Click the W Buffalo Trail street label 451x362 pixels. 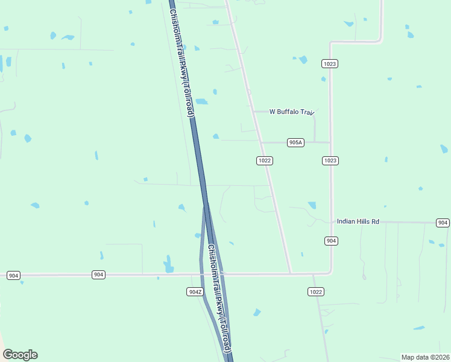[x=292, y=112]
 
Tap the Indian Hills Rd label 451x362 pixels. [x=358, y=221]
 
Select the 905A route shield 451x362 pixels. [x=295, y=142]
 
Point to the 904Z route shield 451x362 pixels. [x=194, y=291]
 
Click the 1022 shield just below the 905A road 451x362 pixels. [x=265, y=160]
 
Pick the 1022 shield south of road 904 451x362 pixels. [x=315, y=291]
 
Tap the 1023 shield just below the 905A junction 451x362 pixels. [x=330, y=160]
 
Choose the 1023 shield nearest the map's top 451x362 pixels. [x=330, y=63]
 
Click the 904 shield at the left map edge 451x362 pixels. [x=14, y=275]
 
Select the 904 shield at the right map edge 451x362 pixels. [x=443, y=223]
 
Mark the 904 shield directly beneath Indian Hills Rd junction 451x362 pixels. [x=330, y=241]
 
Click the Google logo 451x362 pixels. [x=20, y=355]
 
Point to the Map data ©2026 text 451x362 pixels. [x=424, y=357]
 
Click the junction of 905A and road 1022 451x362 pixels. [x=261, y=142]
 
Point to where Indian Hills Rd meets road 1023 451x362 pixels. [x=330, y=222]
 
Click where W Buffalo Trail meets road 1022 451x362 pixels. [x=253, y=112]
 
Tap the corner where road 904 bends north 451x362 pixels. [x=329, y=272]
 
